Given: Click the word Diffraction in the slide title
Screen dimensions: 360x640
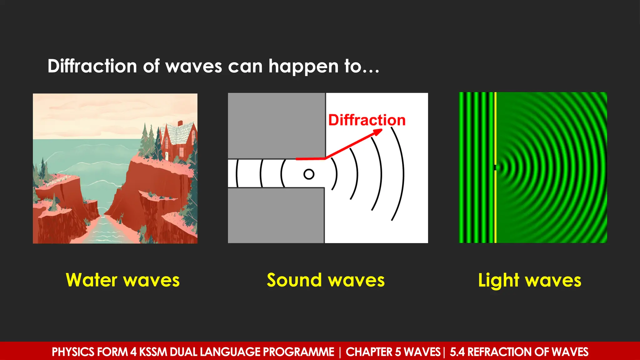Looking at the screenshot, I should (x=92, y=66).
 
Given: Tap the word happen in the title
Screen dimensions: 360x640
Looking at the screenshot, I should (x=303, y=66).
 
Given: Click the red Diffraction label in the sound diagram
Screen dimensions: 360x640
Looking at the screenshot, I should (x=367, y=120).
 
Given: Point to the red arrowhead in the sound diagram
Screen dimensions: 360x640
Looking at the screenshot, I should (x=378, y=132).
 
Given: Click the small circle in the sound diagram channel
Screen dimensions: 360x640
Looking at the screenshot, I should (x=309, y=174).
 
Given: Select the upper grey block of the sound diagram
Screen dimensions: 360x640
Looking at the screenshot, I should (x=276, y=125).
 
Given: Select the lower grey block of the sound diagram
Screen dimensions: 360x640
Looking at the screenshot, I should (x=276, y=216).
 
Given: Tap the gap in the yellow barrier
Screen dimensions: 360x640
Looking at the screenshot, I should (x=495, y=167).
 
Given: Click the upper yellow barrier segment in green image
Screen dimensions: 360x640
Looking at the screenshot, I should (x=495, y=128).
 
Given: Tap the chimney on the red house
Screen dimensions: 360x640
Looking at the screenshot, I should (x=180, y=123).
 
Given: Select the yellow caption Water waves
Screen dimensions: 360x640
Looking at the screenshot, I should (x=122, y=280).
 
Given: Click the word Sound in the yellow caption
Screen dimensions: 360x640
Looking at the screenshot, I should (x=294, y=280).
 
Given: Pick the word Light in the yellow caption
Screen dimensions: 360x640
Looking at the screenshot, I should (x=498, y=280).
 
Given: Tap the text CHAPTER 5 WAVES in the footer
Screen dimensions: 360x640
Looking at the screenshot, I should (x=393, y=352).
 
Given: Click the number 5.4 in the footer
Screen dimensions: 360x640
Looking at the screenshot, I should (x=457, y=352).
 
